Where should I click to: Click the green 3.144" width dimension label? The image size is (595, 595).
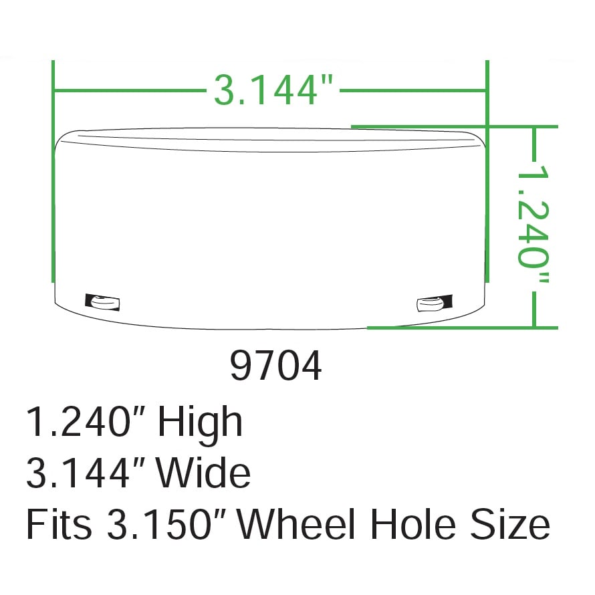tap(273, 90)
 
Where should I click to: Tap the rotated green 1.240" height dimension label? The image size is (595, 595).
tap(533, 224)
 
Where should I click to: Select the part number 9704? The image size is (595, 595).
tap(276, 366)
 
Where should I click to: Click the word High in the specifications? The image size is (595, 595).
tap(200, 423)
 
